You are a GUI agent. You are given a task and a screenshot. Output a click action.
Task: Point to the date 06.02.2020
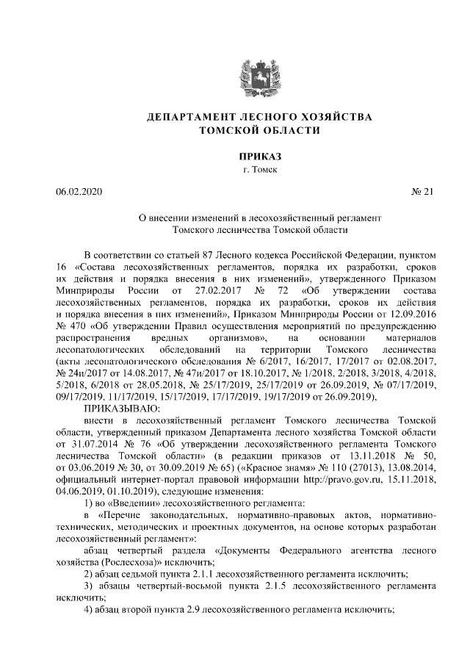click(79, 193)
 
